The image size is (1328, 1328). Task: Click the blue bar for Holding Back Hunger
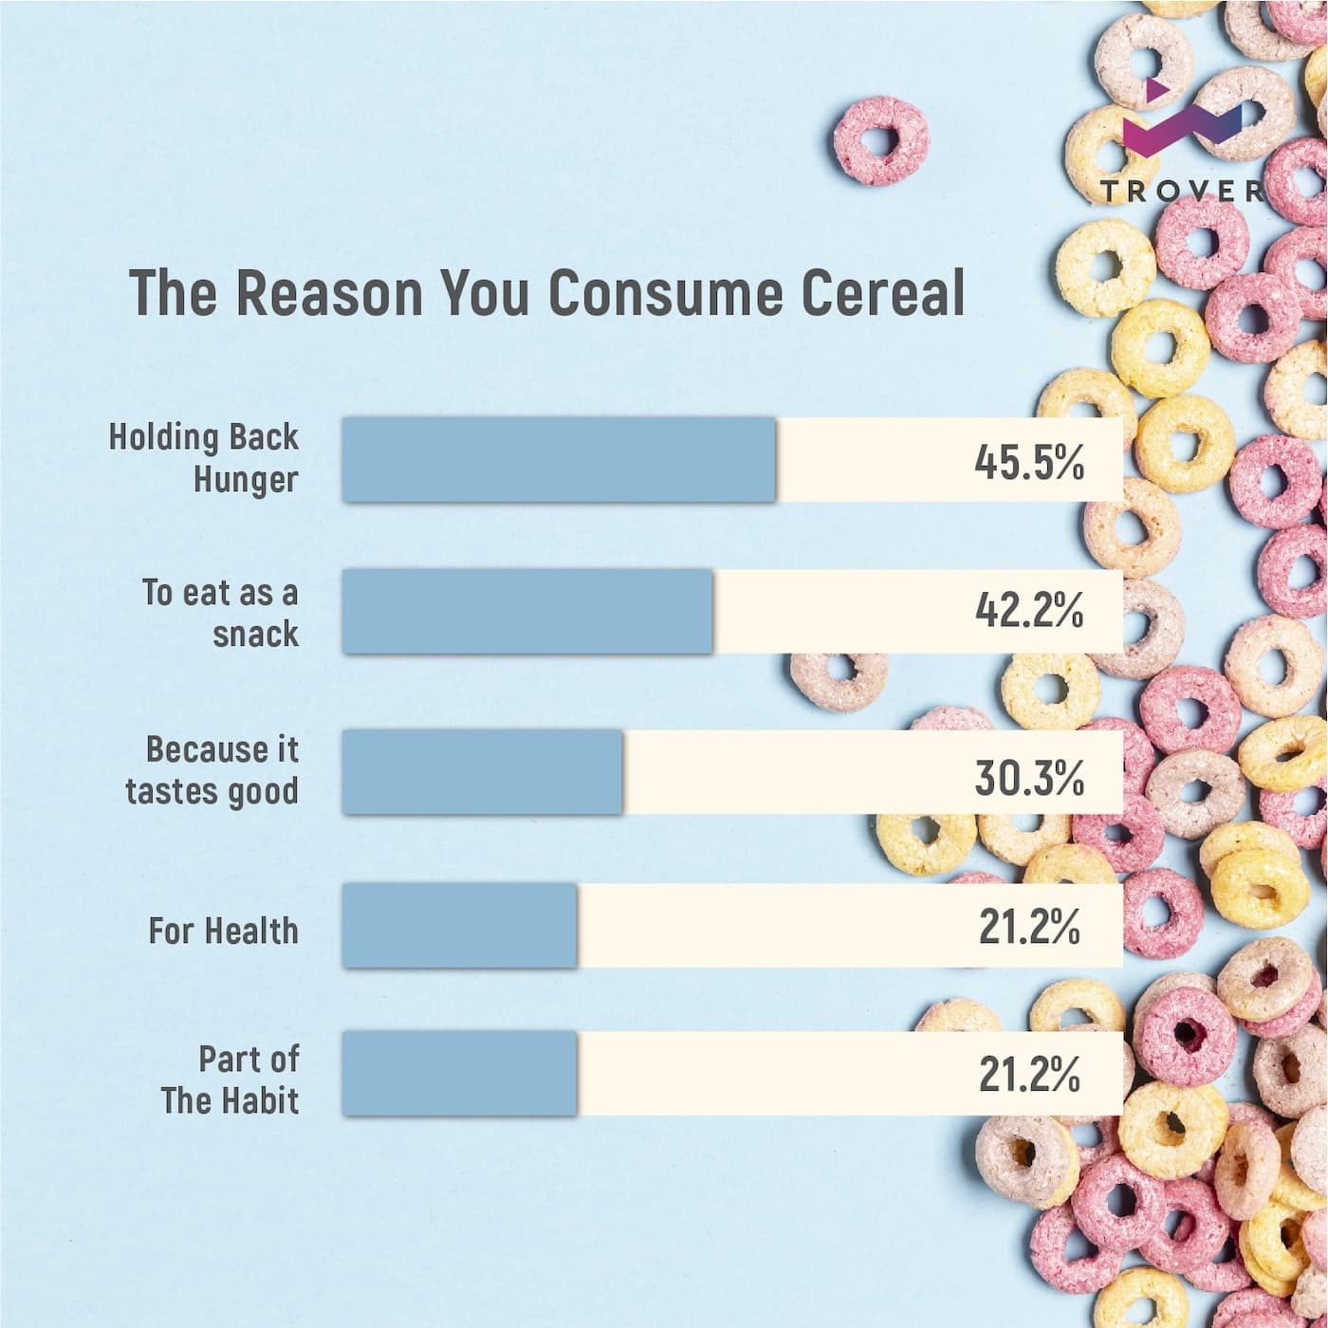(x=559, y=459)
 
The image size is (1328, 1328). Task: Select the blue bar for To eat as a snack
(x=527, y=611)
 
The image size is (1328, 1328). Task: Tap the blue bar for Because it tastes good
(x=482, y=771)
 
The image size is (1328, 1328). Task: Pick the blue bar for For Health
(x=459, y=925)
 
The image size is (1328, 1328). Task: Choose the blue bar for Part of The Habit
(x=459, y=1073)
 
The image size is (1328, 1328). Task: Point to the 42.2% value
(x=1029, y=611)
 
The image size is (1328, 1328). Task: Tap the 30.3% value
(x=1029, y=777)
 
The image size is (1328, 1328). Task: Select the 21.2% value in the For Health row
(x=1029, y=927)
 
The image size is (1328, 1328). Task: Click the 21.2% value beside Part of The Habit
(x=1029, y=1074)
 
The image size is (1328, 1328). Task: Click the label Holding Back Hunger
(x=205, y=457)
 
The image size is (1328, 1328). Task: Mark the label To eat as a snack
(x=221, y=613)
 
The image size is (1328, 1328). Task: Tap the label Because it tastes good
(x=212, y=769)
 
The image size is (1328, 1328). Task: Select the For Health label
(x=223, y=931)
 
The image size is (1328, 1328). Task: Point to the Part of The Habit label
(x=231, y=1079)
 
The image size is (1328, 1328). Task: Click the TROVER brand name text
(x=1182, y=191)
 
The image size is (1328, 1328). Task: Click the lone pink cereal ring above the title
(x=880, y=140)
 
